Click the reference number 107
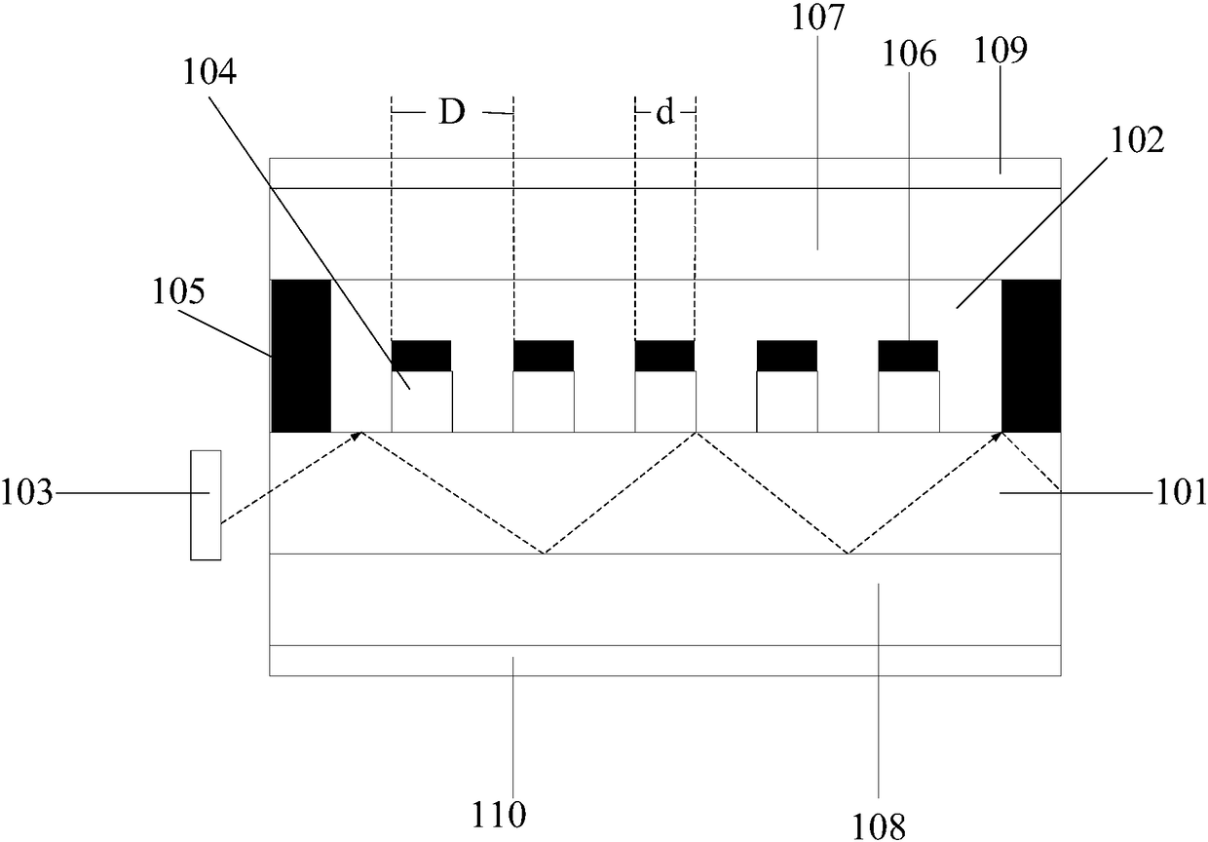click(x=817, y=18)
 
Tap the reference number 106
click(x=909, y=55)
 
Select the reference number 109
click(x=1000, y=50)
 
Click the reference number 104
click(x=209, y=72)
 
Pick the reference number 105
click(x=179, y=291)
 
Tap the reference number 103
click(x=27, y=492)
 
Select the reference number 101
click(x=1180, y=492)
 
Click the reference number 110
click(x=499, y=815)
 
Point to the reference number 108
click(x=879, y=826)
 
